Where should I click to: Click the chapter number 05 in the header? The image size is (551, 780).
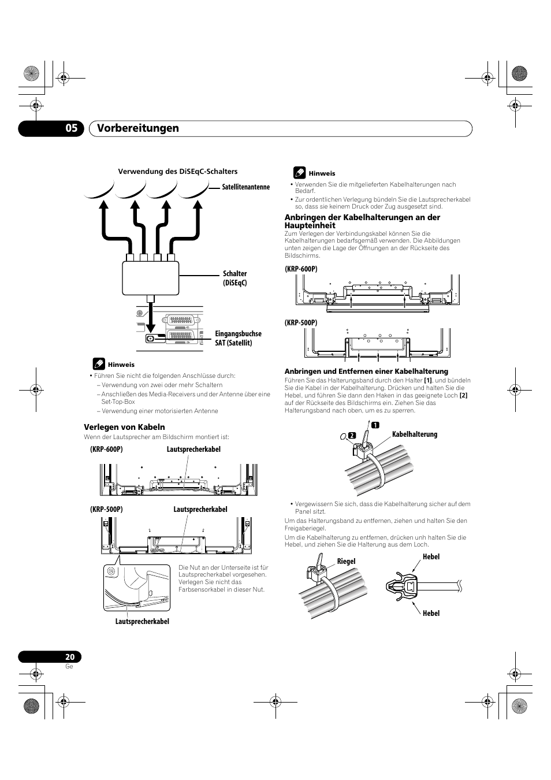pos(70,128)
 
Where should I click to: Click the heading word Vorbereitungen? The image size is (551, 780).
pos(138,128)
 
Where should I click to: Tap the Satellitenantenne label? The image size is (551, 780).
pos(246,187)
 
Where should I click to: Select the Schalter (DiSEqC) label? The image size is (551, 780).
pos(235,278)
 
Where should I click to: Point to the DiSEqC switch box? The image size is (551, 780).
pos(151,277)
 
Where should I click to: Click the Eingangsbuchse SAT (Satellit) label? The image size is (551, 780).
pos(238,338)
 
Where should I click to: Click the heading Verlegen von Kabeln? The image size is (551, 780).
pos(124,427)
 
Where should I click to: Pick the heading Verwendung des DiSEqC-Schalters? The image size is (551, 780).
pos(178,172)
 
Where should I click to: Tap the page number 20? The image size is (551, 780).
pos(70,657)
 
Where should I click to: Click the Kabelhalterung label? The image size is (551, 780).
pos(415,434)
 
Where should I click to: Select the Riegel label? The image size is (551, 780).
pos(347,561)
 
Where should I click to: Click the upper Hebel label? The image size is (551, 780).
pos(431,556)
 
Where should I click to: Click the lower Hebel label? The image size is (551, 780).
pos(431,613)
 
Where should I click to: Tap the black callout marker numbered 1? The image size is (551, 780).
pos(375,425)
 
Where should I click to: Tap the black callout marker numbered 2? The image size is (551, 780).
pos(350,435)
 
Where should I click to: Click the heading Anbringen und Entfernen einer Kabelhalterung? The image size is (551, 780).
pos(366,371)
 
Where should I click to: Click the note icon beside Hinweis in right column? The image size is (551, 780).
pos(299,172)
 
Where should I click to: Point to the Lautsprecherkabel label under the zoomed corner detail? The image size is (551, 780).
pos(142,621)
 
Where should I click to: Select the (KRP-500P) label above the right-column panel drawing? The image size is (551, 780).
pos(301,323)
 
